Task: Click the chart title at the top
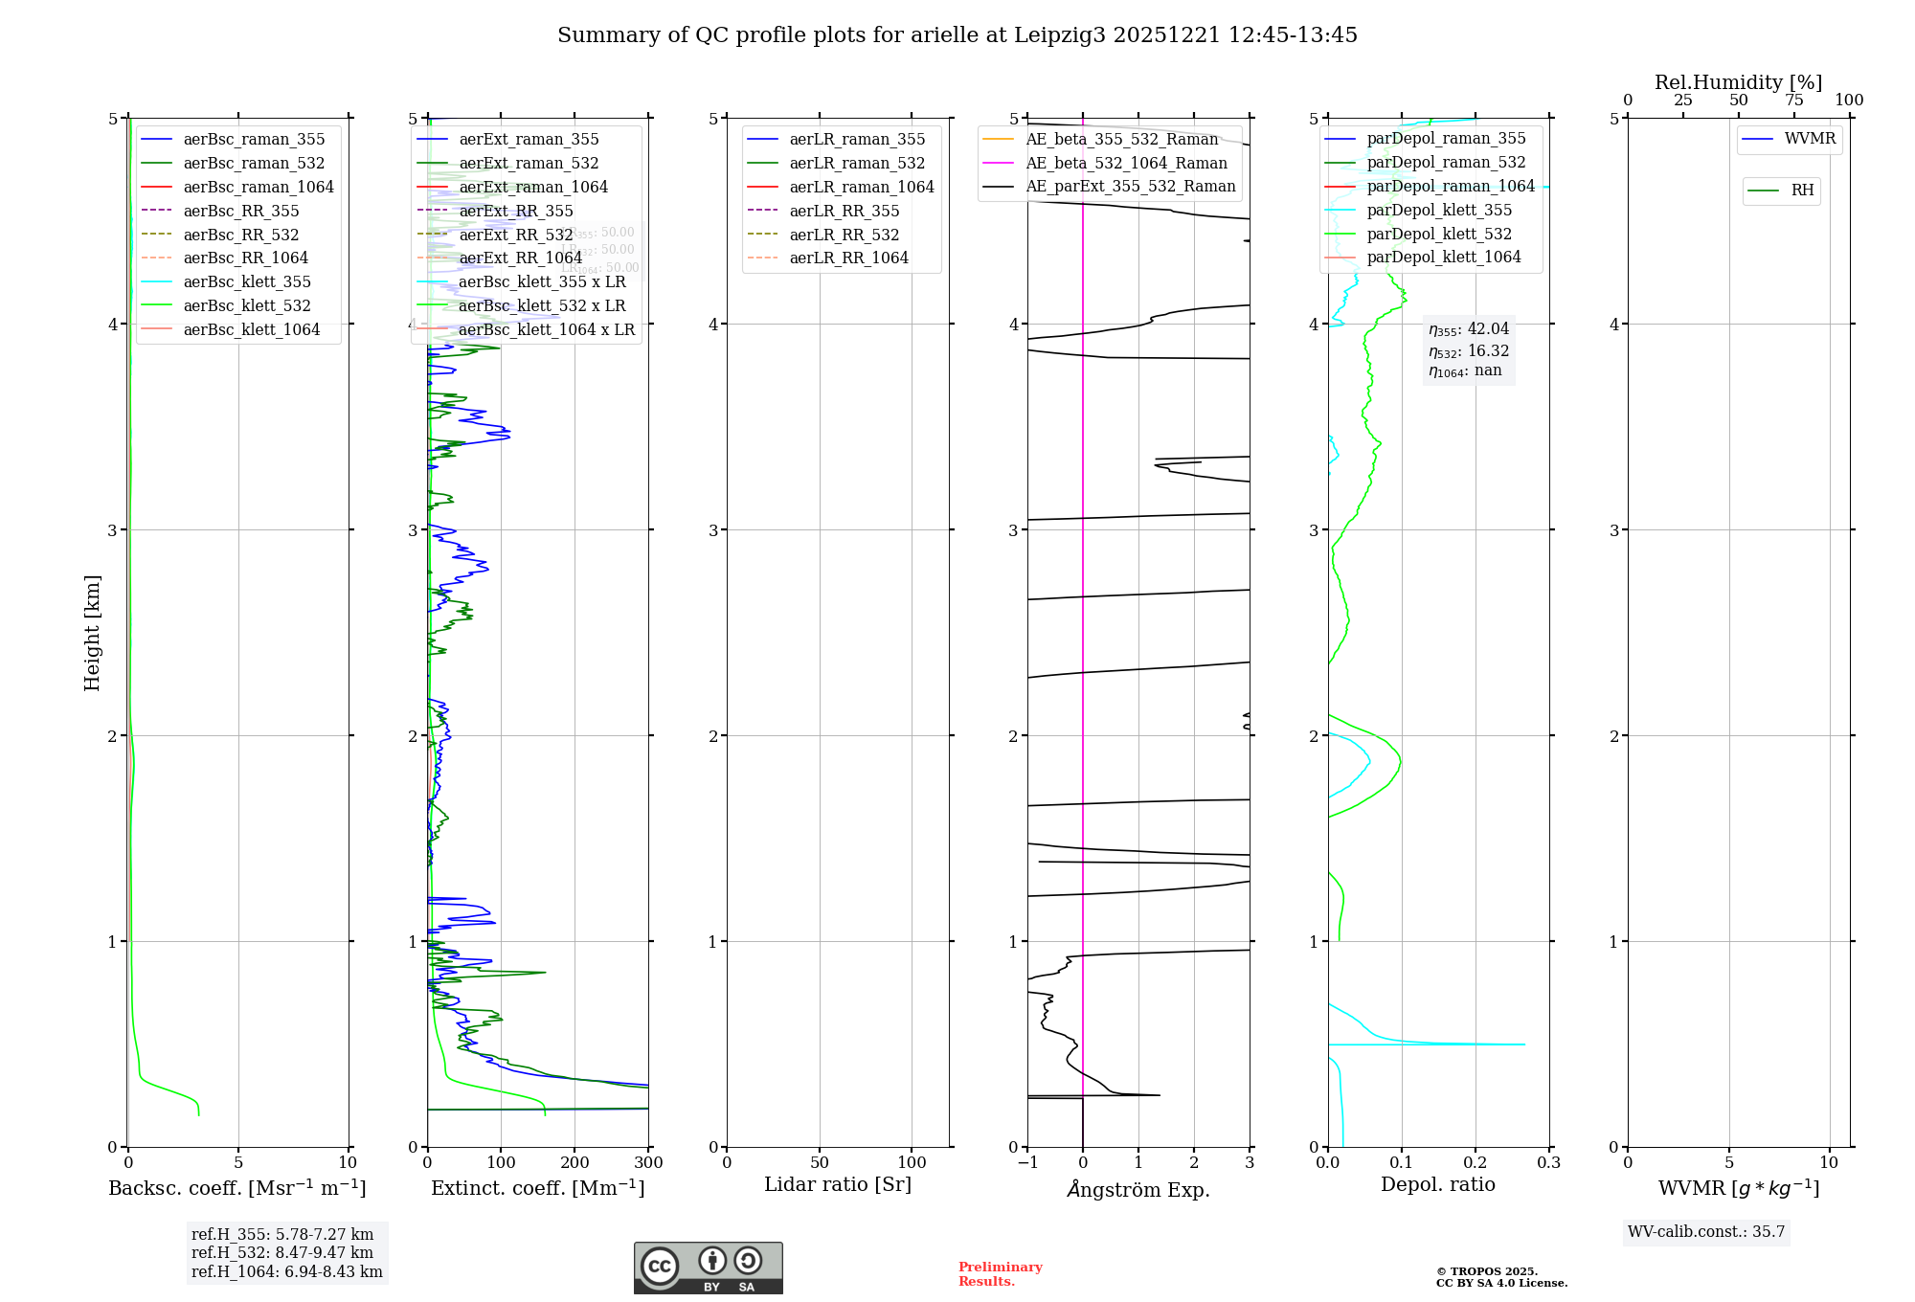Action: pos(957,35)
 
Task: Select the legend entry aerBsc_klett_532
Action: pos(246,306)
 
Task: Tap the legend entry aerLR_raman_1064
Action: pos(861,188)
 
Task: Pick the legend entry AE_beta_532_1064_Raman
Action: pos(1125,164)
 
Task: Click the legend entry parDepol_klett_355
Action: pos(1438,211)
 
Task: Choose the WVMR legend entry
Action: pos(1809,139)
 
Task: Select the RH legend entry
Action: pos(1801,191)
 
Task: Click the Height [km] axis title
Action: pos(92,632)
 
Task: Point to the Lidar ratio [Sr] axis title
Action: pos(838,1185)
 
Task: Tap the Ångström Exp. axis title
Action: pos(1138,1190)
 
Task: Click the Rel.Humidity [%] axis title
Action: pos(1738,82)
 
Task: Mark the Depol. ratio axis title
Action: pos(1437,1185)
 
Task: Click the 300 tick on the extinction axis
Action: pos(648,1163)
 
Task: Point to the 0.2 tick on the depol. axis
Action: pos(1476,1163)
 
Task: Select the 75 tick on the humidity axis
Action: pos(1793,101)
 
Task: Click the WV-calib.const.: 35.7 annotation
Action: pos(1706,1232)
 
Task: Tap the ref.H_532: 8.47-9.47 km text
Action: pos(282,1253)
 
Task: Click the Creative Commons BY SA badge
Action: pos(708,1268)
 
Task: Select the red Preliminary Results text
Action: pos(1000,1274)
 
